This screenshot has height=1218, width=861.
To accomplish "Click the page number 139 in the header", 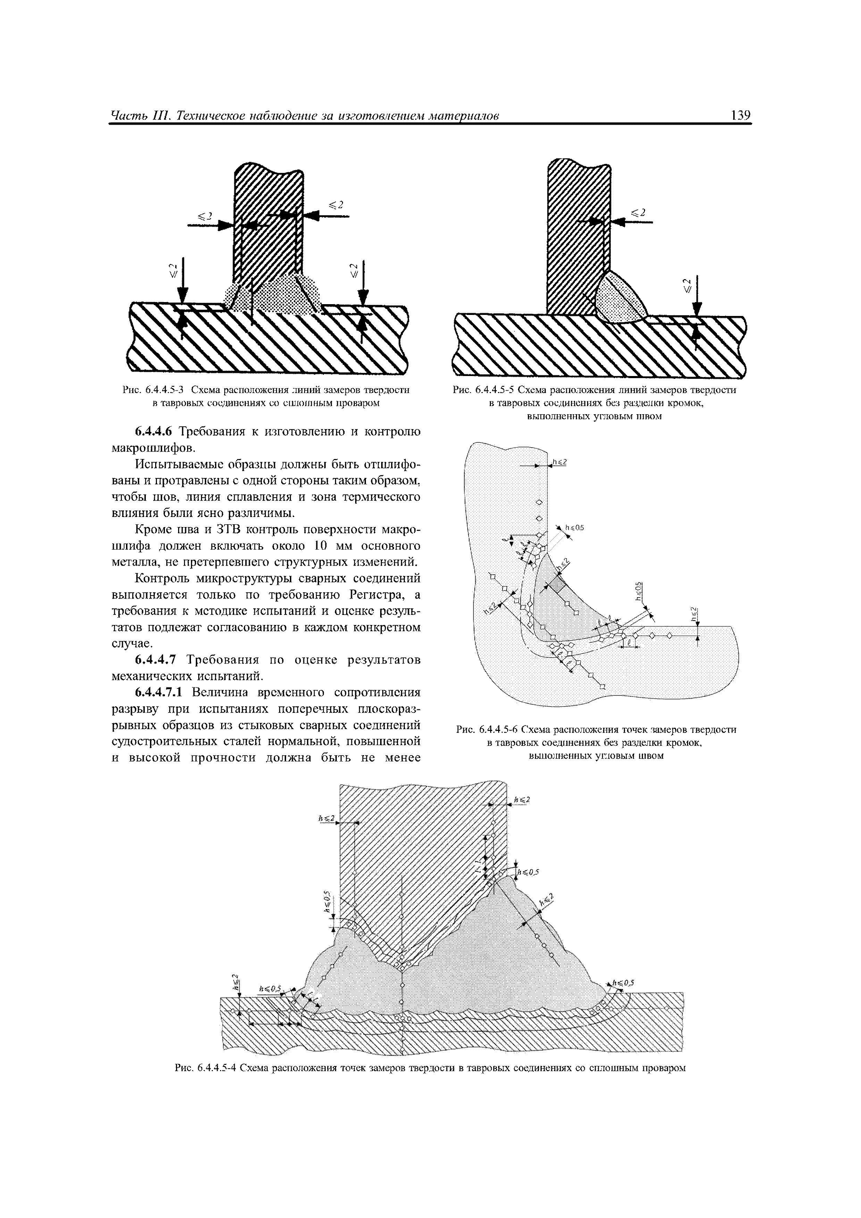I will point(741,115).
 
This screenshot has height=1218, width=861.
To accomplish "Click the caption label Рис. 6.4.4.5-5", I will point(483,391).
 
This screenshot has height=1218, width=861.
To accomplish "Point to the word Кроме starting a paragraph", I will point(152,529).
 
